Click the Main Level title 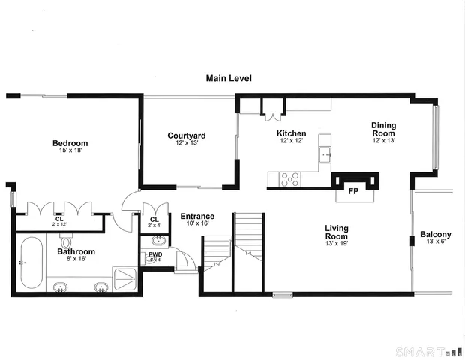tap(229, 78)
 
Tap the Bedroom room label tap(70, 144)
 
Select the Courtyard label tap(187, 136)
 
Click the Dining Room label tap(384, 129)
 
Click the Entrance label tap(197, 216)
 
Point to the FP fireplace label tap(352, 191)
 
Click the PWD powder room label tap(155, 254)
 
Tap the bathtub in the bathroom tap(31, 262)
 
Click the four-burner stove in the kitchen tap(289, 180)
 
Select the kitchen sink tap(325, 156)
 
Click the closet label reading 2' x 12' tap(59, 223)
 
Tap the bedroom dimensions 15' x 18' tap(70, 151)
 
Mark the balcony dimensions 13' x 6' tap(435, 241)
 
